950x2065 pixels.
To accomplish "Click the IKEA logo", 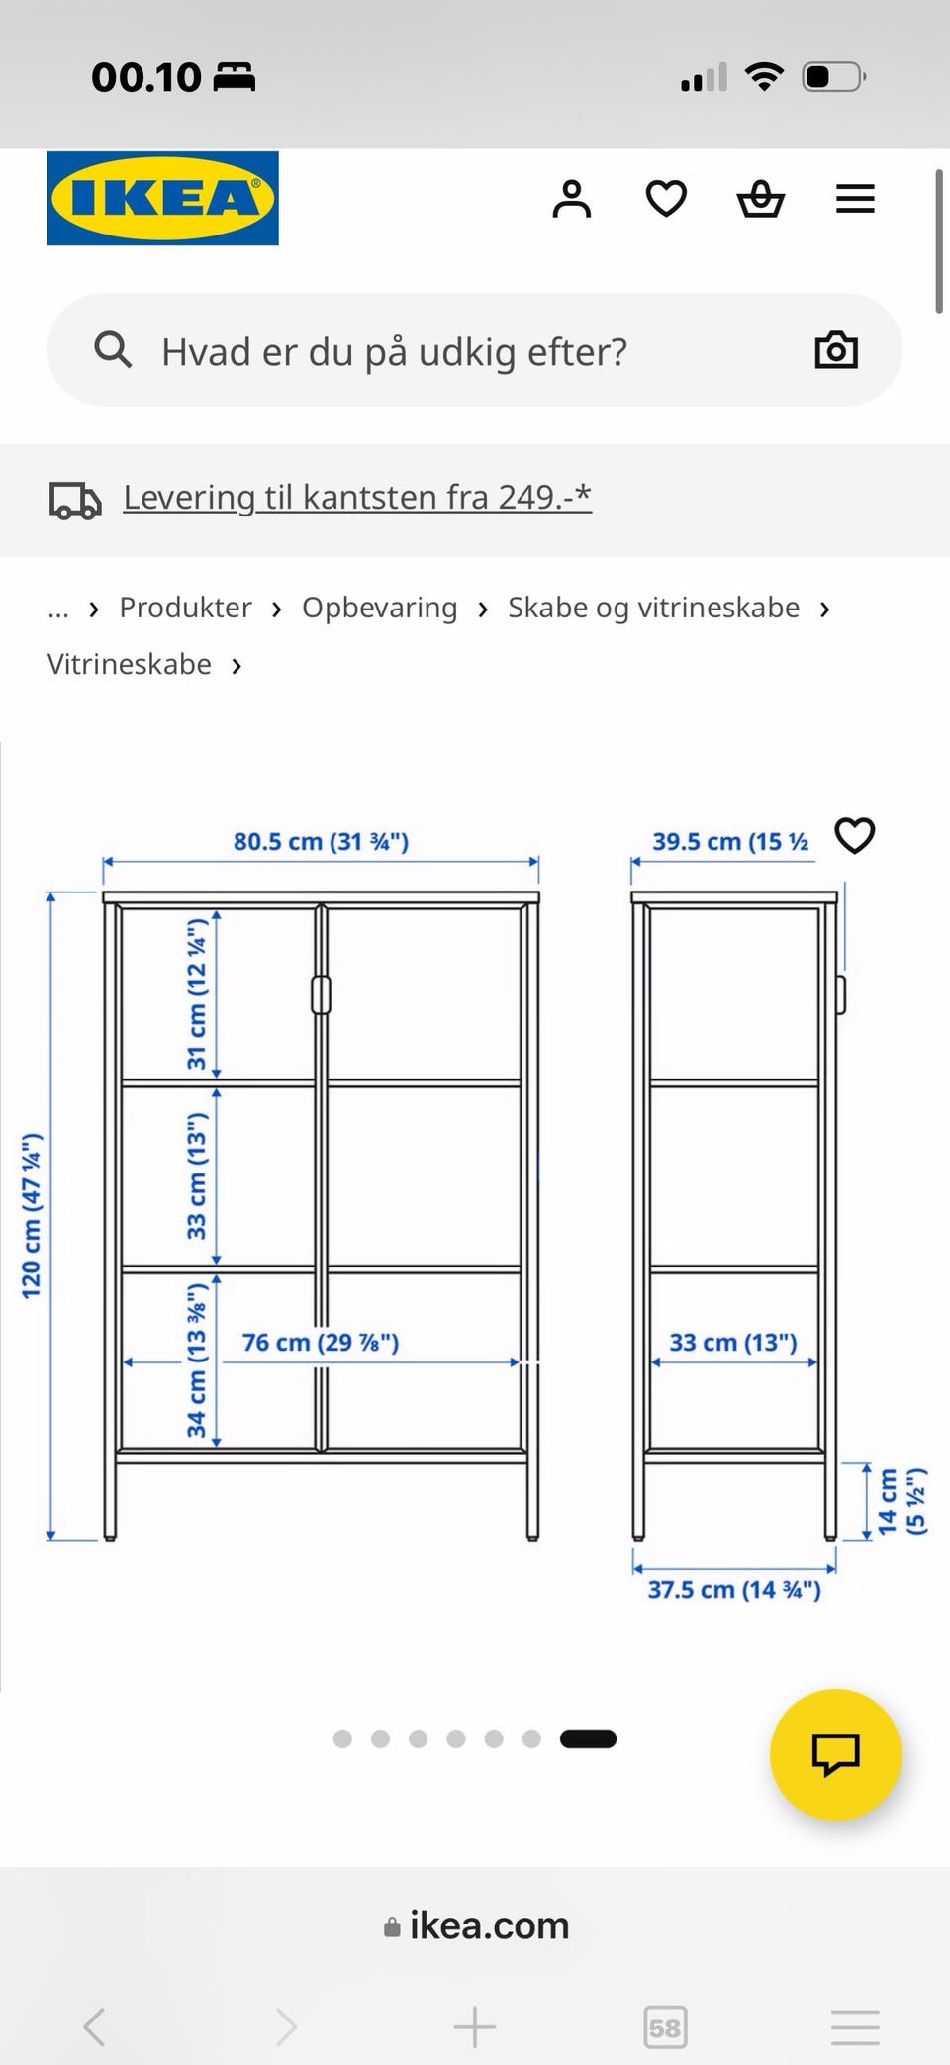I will click(162, 198).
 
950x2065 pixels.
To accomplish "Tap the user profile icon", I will click(571, 199).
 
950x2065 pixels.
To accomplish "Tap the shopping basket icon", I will click(760, 199).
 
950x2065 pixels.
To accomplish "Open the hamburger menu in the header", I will click(855, 199).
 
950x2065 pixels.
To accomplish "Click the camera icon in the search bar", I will click(835, 350).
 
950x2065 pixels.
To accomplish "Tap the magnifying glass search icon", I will click(113, 350).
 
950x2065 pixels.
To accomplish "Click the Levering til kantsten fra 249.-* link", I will click(356, 497).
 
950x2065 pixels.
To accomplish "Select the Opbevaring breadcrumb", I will click(379, 608).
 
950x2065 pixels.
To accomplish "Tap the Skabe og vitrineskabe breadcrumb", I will click(653, 608).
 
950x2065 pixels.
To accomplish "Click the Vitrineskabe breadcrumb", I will click(130, 664).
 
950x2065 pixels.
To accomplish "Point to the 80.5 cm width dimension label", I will click(321, 842).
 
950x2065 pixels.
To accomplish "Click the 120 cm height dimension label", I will click(32, 1217).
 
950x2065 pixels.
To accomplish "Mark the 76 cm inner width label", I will click(321, 1343).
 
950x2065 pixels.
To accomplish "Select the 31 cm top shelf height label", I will click(197, 994).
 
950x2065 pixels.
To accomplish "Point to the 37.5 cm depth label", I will click(734, 1590).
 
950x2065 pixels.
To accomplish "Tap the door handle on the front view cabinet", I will click(321, 994).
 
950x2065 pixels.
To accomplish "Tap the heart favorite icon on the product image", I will click(855, 836).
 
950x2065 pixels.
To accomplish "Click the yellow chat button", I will click(835, 1754).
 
